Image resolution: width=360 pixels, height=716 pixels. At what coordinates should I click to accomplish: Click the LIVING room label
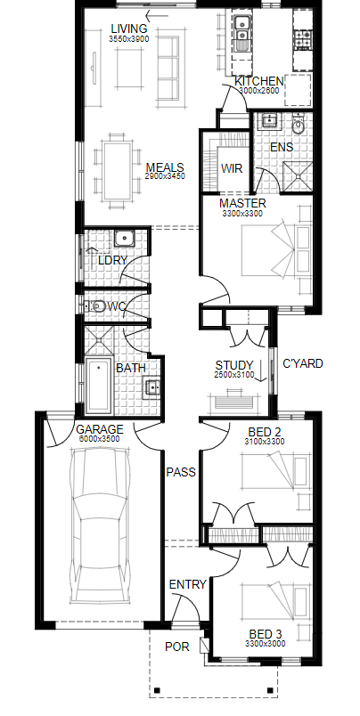tap(129, 28)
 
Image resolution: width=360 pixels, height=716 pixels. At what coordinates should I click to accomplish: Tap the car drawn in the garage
tap(99, 526)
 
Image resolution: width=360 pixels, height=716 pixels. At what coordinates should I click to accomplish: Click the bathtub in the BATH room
tap(98, 386)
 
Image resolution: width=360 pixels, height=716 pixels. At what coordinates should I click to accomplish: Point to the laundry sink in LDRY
tap(123, 239)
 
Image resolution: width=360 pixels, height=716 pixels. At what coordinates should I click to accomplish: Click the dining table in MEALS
tap(117, 171)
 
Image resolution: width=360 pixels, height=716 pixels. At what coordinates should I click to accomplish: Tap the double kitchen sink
tap(241, 28)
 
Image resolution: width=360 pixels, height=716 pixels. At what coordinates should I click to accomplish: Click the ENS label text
tap(282, 148)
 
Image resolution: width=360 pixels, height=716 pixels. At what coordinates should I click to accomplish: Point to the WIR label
tap(232, 168)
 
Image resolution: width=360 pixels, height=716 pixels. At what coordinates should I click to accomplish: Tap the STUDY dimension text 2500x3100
tap(233, 375)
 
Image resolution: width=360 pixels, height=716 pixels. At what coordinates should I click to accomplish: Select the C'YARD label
tap(303, 363)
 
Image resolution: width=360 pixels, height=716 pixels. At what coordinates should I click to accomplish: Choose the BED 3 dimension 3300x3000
tap(266, 644)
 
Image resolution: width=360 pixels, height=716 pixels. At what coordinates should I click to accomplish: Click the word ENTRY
tap(188, 584)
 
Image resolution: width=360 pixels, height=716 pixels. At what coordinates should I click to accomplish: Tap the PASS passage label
tap(181, 472)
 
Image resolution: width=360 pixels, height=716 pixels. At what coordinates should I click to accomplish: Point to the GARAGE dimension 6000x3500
tap(99, 439)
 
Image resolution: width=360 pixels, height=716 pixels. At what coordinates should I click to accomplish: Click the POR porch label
tap(177, 647)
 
